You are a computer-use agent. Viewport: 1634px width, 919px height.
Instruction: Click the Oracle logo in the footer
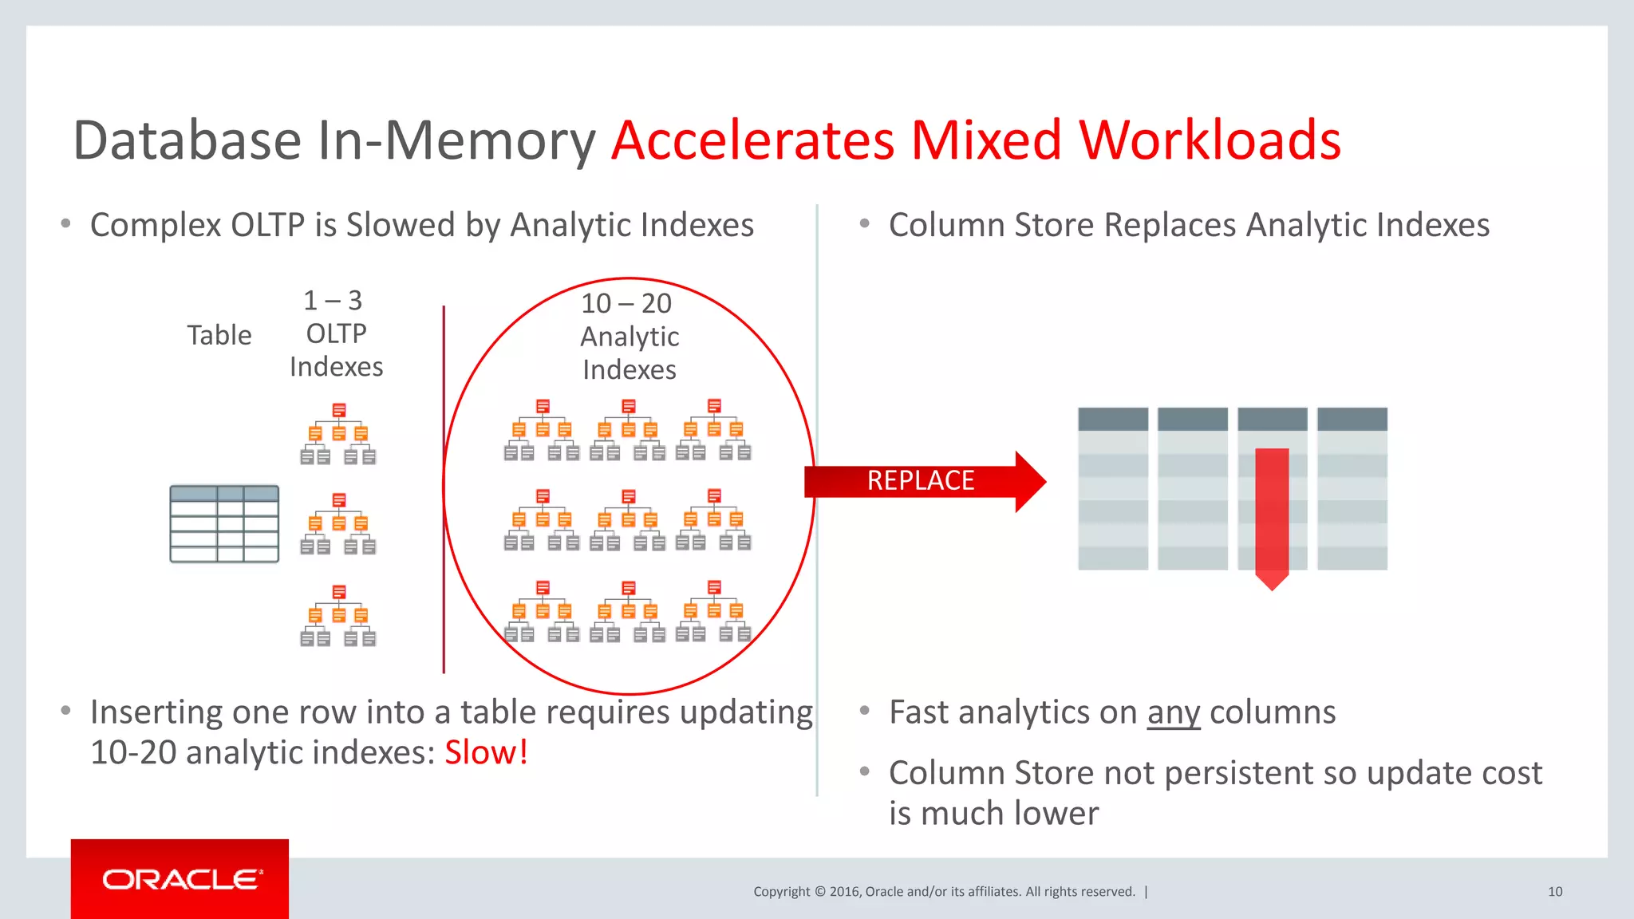coord(181,879)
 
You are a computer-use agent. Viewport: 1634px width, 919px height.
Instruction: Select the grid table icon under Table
coord(224,524)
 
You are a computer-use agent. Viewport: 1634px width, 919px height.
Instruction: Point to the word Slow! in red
coord(486,752)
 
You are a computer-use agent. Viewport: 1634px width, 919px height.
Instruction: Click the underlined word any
coord(1173,712)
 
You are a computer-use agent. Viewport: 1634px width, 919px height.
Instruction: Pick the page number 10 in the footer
coord(1555,892)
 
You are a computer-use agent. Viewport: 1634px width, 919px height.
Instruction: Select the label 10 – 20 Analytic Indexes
coord(630,337)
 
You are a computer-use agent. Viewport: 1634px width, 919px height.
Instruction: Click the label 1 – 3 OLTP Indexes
coord(336,333)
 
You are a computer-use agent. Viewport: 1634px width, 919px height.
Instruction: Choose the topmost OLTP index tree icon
coord(338,435)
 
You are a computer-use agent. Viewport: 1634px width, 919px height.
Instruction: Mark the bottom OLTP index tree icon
coord(338,616)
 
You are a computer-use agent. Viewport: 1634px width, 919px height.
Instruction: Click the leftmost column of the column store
coord(1113,488)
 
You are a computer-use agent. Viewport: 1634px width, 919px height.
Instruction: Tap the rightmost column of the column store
coord(1352,488)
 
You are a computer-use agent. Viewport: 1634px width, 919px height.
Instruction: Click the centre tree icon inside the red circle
coord(628,520)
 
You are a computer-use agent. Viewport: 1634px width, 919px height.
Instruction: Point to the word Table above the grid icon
coord(219,335)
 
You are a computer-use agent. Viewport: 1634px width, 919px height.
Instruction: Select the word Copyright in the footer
coord(781,892)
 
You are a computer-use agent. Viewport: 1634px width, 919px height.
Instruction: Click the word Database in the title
coord(187,140)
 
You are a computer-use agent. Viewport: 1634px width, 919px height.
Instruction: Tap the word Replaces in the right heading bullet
coord(1170,225)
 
